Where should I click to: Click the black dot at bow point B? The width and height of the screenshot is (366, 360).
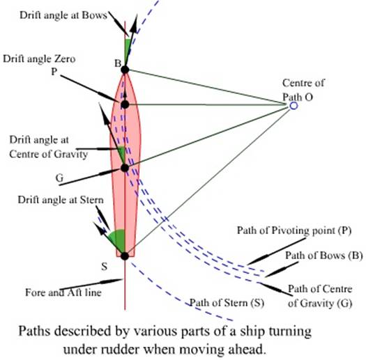click(125, 70)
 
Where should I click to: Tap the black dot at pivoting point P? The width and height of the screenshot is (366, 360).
click(125, 104)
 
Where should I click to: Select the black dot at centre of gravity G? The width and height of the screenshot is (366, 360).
click(125, 168)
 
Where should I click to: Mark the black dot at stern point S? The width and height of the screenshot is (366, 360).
click(125, 256)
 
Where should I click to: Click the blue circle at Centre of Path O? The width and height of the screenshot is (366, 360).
click(293, 106)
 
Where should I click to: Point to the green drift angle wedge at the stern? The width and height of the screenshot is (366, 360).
click(119, 239)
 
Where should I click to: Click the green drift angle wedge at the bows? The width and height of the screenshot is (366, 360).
click(128, 49)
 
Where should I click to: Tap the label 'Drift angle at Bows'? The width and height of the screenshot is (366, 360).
click(63, 15)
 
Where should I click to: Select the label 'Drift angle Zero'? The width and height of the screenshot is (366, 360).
click(39, 58)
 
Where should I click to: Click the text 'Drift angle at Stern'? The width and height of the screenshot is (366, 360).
click(61, 200)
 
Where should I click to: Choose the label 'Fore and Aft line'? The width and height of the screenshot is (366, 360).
click(63, 292)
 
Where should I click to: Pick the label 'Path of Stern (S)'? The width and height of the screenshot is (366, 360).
click(227, 303)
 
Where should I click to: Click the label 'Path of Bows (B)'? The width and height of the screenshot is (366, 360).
click(324, 256)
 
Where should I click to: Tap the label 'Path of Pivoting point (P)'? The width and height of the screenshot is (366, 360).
click(294, 230)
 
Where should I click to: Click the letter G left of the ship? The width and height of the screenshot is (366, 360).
click(59, 178)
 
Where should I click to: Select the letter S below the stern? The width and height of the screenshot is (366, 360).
click(104, 266)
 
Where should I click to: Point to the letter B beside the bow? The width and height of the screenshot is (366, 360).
click(118, 63)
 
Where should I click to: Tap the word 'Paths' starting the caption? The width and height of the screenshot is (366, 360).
click(34, 331)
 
